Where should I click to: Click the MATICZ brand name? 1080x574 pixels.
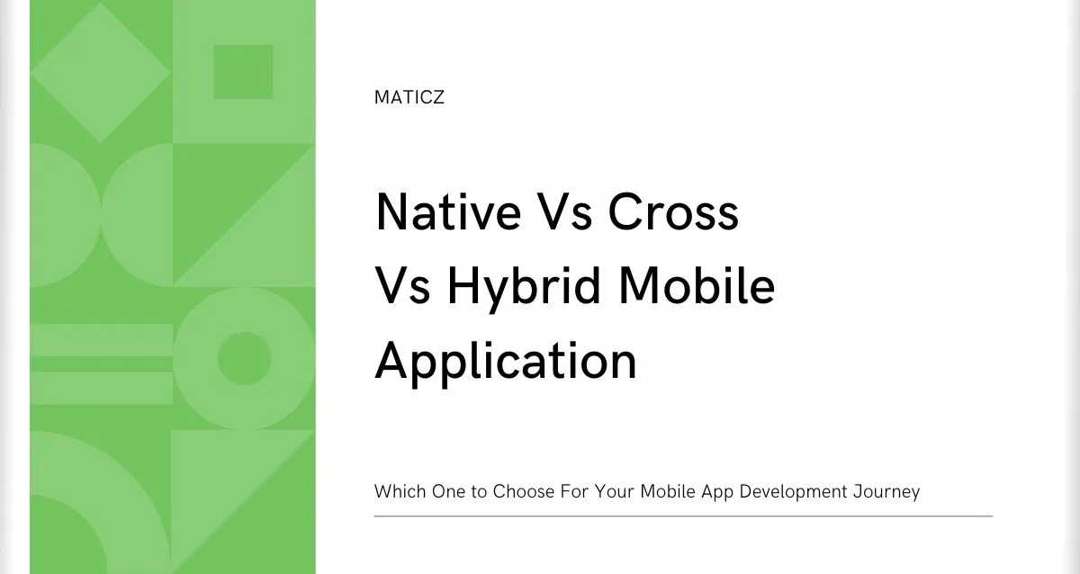tap(409, 97)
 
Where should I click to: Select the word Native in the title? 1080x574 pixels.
tap(448, 212)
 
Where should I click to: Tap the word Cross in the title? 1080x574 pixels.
tap(673, 212)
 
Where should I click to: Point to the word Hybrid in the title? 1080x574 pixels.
tap(524, 288)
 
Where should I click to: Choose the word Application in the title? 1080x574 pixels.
tap(506, 363)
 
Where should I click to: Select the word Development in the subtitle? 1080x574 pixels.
tap(793, 492)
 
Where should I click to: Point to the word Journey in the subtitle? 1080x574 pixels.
tap(886, 492)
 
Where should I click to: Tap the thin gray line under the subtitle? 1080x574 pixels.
tap(683, 516)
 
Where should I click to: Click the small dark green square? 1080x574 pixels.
tap(244, 72)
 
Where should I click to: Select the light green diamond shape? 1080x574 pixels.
tap(100, 73)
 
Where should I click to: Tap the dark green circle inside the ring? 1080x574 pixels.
tap(244, 358)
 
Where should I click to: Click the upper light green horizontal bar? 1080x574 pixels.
tap(101, 340)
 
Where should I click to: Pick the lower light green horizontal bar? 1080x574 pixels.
tap(101, 388)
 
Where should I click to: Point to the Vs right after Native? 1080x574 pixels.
tap(564, 212)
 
